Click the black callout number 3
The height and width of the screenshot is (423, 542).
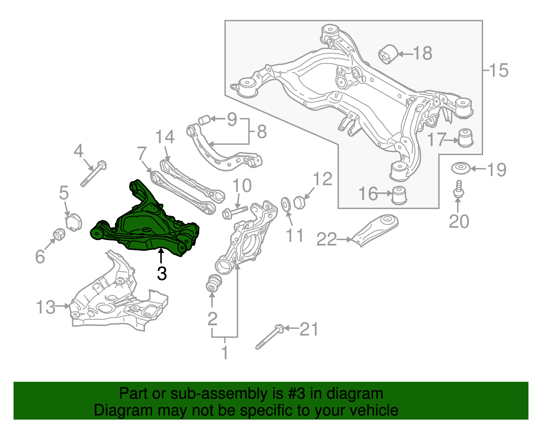click(162, 274)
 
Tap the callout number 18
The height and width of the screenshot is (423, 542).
click(422, 54)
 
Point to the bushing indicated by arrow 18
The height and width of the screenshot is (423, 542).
click(388, 54)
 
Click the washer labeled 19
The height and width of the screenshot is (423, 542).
click(460, 168)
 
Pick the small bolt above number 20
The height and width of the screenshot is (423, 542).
click(458, 189)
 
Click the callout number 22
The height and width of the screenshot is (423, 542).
click(327, 239)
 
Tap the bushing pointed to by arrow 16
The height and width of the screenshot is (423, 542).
click(399, 195)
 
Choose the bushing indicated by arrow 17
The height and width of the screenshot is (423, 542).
click(465, 138)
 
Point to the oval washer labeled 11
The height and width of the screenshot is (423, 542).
click(286, 204)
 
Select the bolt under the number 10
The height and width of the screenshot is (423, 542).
click(235, 212)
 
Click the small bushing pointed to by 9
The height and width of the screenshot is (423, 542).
click(204, 120)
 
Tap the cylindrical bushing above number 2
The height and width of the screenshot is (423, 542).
click(214, 283)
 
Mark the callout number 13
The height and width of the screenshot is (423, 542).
click(45, 307)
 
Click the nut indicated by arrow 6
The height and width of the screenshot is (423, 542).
click(59, 234)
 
